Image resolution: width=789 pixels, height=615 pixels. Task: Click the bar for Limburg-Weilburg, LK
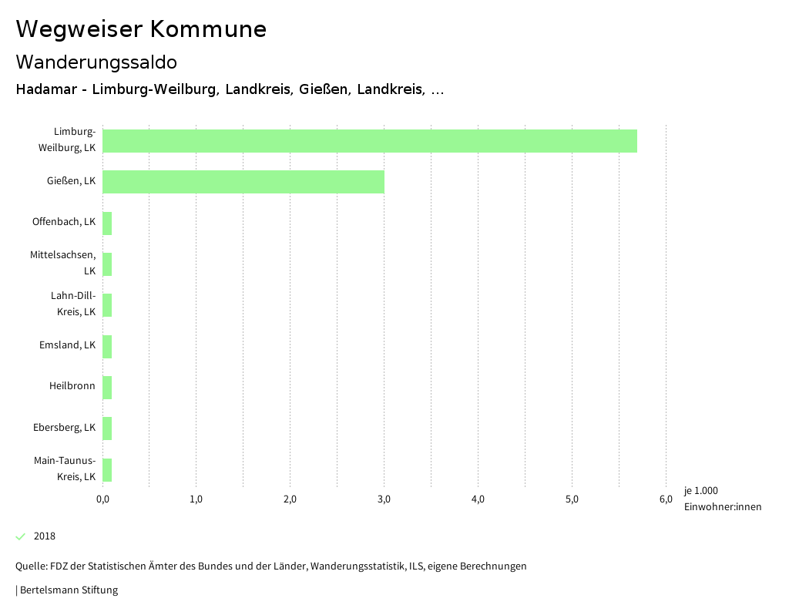(x=370, y=141)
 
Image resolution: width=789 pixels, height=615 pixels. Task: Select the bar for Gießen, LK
(x=243, y=182)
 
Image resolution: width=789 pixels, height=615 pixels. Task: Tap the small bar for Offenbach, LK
(x=107, y=223)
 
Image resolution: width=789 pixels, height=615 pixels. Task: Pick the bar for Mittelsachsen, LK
(x=107, y=264)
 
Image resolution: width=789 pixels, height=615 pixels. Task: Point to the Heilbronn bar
(x=107, y=388)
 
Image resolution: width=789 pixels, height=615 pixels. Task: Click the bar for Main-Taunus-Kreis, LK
(x=107, y=470)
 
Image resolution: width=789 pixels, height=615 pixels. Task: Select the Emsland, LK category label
(x=67, y=345)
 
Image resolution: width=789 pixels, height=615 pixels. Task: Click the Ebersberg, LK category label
(x=64, y=428)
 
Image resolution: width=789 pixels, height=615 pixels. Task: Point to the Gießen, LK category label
(x=71, y=181)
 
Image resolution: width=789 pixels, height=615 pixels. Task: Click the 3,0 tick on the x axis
(x=384, y=499)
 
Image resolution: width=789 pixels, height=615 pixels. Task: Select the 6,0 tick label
(x=666, y=499)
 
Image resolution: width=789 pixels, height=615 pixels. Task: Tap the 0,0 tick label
(x=102, y=499)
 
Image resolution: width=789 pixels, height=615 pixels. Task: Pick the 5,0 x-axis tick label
(x=572, y=499)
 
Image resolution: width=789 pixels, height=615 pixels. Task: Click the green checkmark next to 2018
(x=21, y=536)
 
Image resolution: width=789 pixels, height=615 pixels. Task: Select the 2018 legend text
(x=45, y=536)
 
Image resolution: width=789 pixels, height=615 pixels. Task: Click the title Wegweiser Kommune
(x=141, y=29)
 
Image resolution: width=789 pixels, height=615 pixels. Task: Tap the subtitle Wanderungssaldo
(x=96, y=62)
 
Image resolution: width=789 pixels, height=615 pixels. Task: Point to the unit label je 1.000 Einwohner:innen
(x=722, y=499)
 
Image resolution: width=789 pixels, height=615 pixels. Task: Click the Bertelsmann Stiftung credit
(x=68, y=590)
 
